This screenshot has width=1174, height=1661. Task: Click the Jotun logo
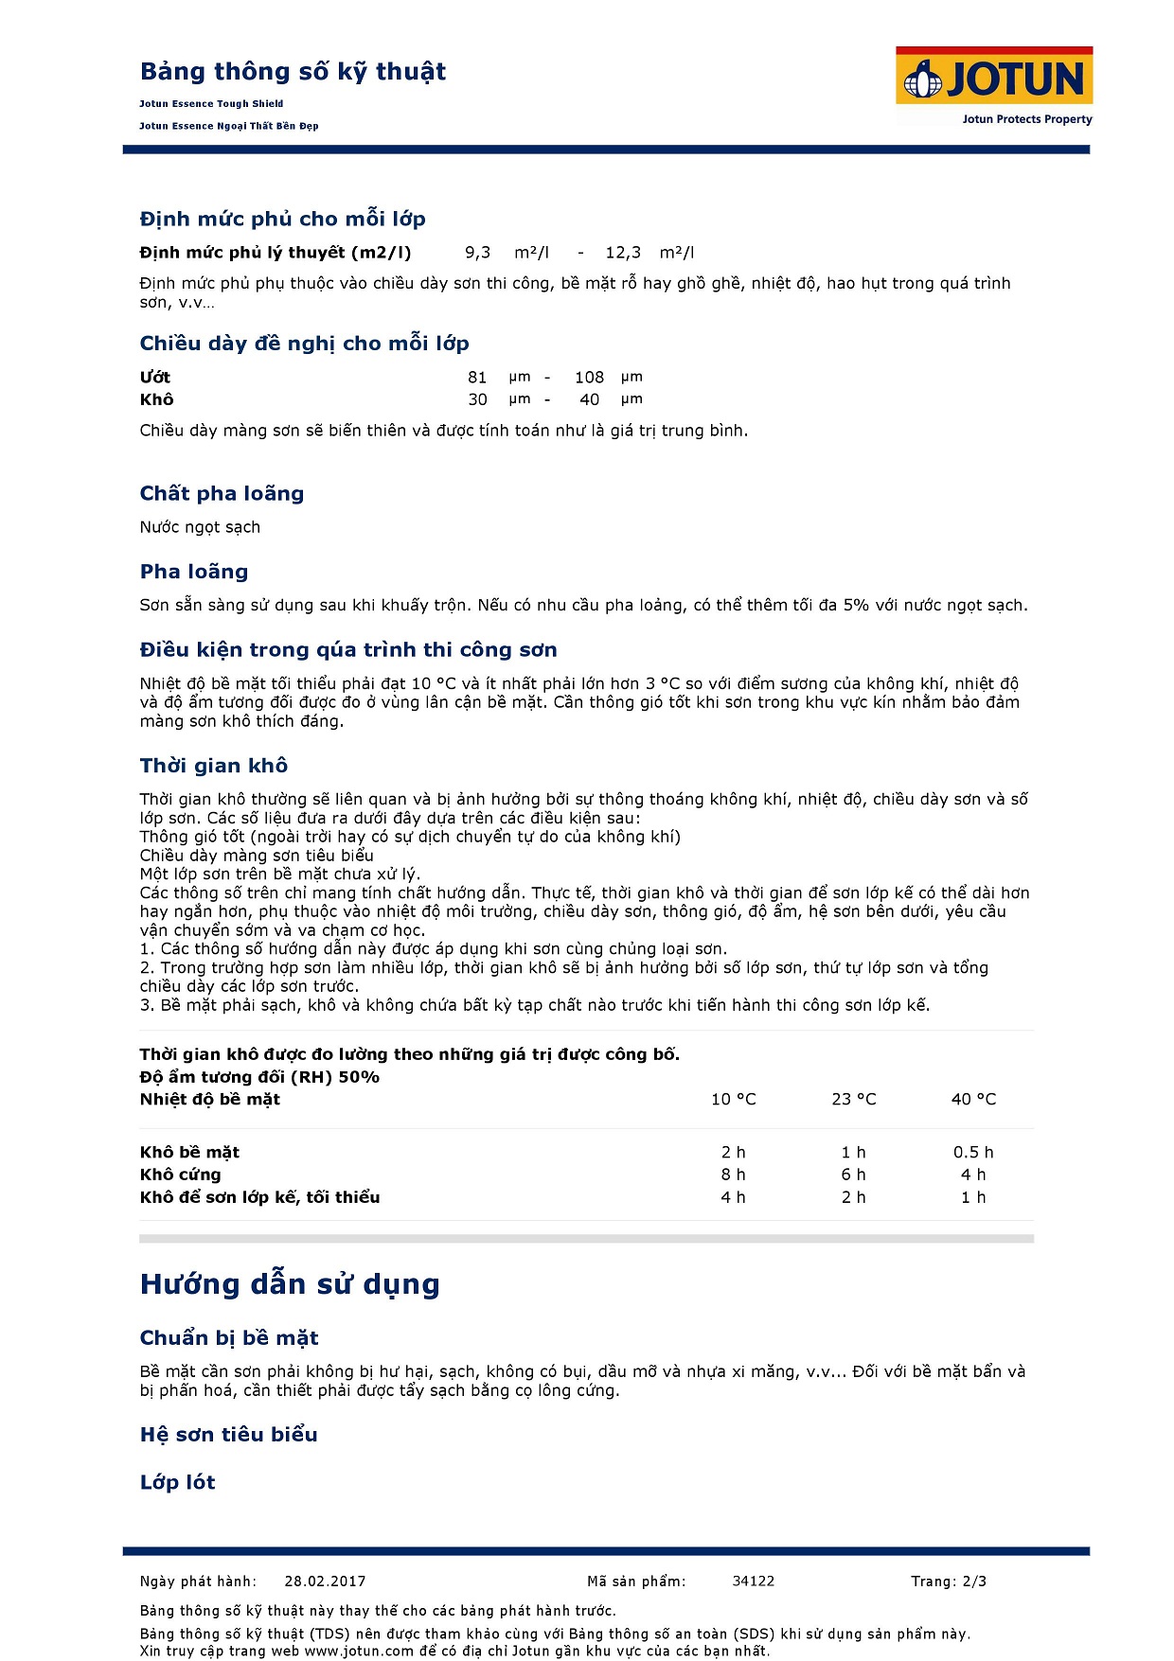click(994, 80)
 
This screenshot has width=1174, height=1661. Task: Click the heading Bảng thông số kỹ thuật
click(293, 72)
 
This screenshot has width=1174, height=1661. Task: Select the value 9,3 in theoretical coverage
click(477, 253)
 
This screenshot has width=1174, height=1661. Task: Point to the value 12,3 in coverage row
click(623, 253)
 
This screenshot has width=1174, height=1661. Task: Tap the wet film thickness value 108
click(589, 378)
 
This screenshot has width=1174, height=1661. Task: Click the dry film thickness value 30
click(477, 400)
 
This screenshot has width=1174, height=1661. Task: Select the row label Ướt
click(155, 378)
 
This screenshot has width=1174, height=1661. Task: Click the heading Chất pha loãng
click(222, 493)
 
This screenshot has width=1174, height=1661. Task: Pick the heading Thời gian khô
click(214, 766)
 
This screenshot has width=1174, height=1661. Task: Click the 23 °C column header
click(853, 1100)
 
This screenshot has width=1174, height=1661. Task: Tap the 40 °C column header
click(973, 1100)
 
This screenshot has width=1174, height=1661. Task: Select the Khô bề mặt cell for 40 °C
click(973, 1153)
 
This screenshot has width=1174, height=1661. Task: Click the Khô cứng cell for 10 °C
click(733, 1175)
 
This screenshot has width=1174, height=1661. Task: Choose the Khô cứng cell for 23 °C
click(853, 1175)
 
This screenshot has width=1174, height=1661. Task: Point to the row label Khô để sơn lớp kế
click(259, 1198)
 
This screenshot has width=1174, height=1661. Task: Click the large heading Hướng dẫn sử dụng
click(290, 1284)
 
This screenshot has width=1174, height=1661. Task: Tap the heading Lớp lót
click(178, 1483)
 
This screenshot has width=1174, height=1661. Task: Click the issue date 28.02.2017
click(325, 1581)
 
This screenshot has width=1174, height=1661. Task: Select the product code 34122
click(754, 1581)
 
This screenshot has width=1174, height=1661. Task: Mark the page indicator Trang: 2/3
click(949, 1581)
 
